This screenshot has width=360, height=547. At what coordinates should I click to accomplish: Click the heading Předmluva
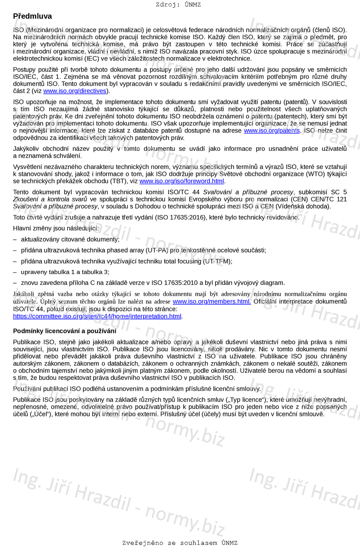click(32, 16)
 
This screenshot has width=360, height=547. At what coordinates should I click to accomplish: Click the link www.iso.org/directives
click(75, 91)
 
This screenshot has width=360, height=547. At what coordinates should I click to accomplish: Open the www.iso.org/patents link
click(272, 131)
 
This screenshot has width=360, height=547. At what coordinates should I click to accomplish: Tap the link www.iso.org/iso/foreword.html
click(182, 181)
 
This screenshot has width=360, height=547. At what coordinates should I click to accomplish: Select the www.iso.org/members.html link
click(212, 302)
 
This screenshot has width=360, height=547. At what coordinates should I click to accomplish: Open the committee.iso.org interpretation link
click(97, 316)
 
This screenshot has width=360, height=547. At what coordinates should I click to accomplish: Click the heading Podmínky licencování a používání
click(65, 331)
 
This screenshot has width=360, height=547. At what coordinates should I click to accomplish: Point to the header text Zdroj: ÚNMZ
click(178, 5)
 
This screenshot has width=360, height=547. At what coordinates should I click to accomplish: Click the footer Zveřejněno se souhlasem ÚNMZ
click(180, 543)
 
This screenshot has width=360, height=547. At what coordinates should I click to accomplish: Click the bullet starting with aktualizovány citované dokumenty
click(70, 239)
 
